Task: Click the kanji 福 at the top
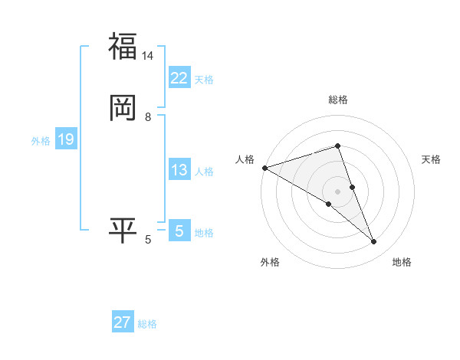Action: pos(123,46)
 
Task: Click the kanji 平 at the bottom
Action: pos(123,231)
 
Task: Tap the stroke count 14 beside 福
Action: pos(148,56)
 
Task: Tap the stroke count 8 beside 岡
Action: pos(148,116)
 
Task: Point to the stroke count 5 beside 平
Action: pos(148,241)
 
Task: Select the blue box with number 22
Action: pos(179,78)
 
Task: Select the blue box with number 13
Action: pos(179,170)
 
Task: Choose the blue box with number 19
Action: pos(65,139)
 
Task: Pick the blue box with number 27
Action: pos(123,322)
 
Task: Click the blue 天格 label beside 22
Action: pos(204,80)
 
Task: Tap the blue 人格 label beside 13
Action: pos(204,172)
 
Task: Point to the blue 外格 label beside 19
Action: pos(41,141)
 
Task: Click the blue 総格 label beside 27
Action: pos(147,324)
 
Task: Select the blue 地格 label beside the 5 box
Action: pos(204,233)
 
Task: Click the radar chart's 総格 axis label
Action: pos(338,100)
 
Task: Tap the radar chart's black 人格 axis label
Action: pos(245,159)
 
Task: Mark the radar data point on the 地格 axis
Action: pos(374,242)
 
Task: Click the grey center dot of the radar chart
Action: pos(338,191)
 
